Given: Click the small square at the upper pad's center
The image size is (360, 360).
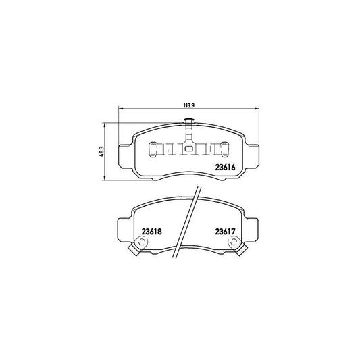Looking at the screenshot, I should pyautogui.click(x=188, y=149).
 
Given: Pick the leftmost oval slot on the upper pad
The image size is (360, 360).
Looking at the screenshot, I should pyautogui.click(x=153, y=148).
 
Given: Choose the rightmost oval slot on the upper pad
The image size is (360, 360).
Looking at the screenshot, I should pyautogui.click(x=224, y=148).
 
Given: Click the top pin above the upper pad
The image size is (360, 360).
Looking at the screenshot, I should pyautogui.click(x=188, y=122).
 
